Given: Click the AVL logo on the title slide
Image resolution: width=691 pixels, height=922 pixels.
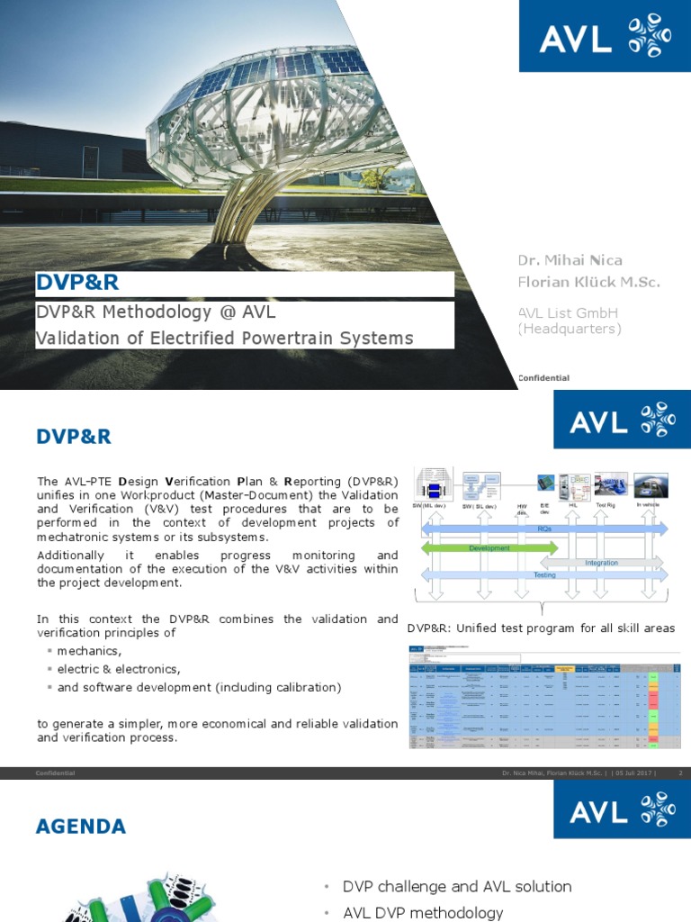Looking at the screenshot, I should tap(604, 38).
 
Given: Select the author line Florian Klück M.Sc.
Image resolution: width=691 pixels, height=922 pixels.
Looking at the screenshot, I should tap(588, 282).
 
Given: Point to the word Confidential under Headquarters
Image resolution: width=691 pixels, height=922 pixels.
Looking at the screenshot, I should tap(543, 378).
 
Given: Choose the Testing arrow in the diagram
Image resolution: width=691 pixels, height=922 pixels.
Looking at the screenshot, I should tap(544, 574).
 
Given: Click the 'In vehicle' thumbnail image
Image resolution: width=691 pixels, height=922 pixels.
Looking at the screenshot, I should tap(649, 486).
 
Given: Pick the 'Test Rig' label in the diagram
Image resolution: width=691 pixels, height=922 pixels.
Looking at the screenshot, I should tap(607, 506).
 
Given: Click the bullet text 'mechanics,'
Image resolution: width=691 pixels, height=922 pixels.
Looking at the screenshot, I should tap(88, 650).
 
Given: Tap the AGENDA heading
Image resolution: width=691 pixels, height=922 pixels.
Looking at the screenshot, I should tap(81, 827).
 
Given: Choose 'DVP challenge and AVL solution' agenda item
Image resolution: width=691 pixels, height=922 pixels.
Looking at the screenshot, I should tap(457, 886).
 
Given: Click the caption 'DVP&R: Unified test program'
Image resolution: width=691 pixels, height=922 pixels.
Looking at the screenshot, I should tap(541, 628).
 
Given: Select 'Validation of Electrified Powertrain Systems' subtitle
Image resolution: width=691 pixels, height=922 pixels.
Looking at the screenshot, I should tap(224, 339).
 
